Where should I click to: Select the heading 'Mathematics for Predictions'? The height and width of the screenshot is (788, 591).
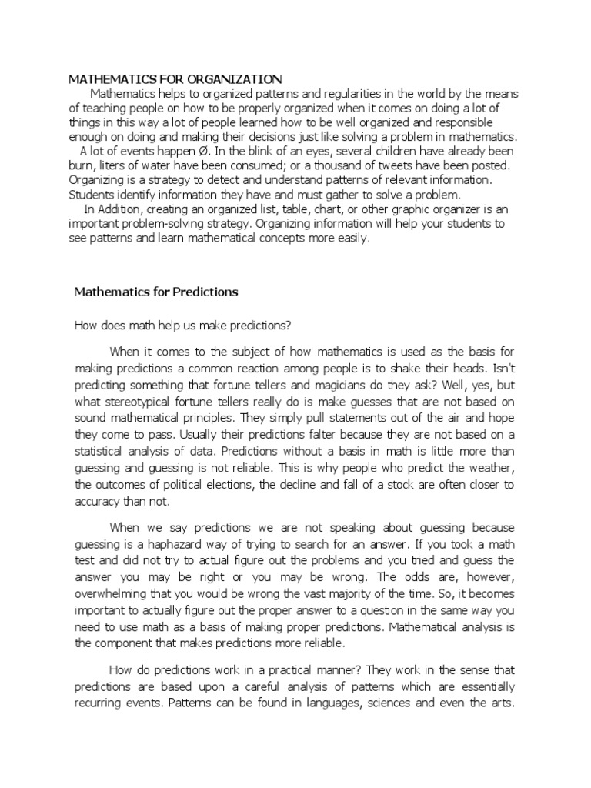pyautogui.click(x=155, y=292)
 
